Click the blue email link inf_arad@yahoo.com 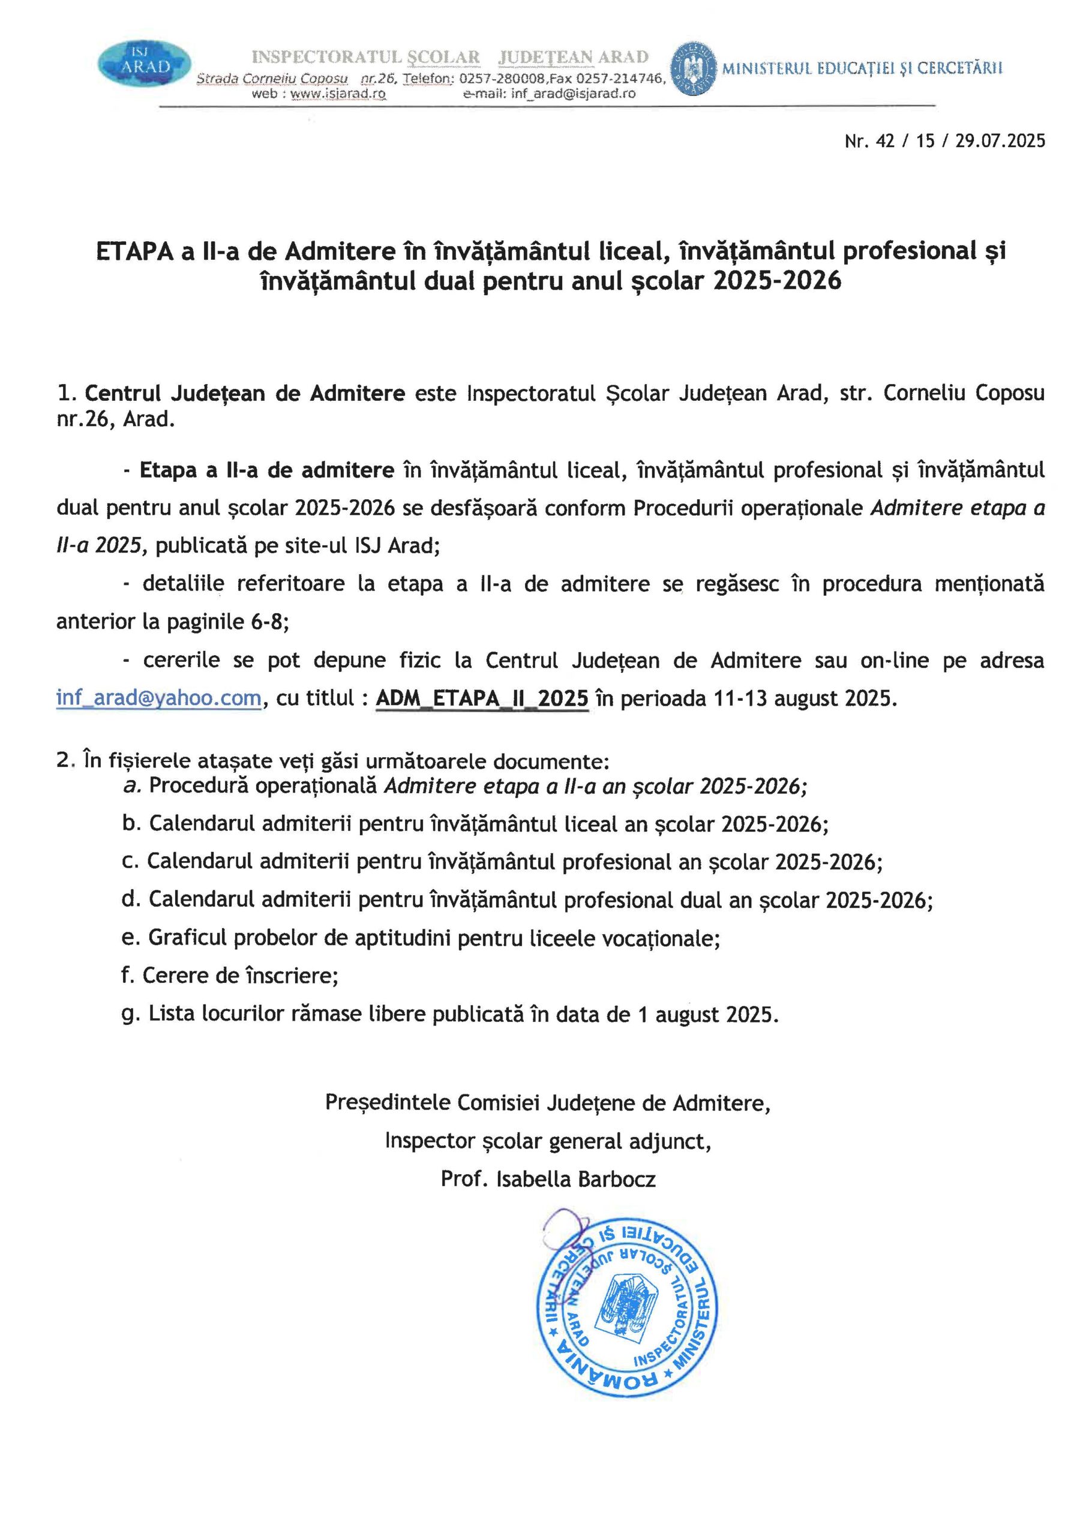pyautogui.click(x=158, y=698)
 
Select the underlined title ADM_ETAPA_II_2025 pyautogui.click(x=482, y=698)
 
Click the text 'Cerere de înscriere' pyautogui.click(x=240, y=976)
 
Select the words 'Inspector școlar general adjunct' pyautogui.click(x=547, y=1141)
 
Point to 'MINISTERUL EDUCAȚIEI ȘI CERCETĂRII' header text pyautogui.click(x=862, y=68)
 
